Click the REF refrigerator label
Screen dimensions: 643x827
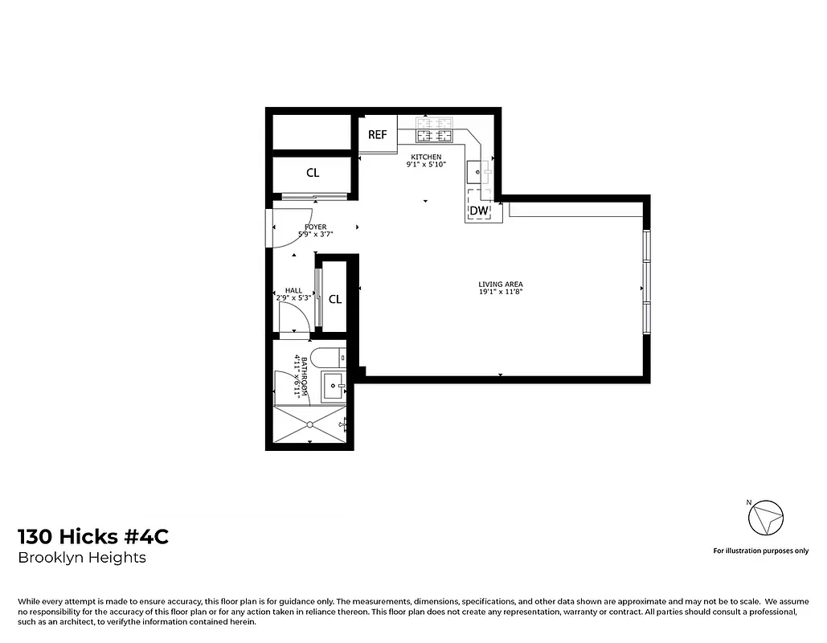378,135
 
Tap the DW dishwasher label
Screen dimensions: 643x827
479,211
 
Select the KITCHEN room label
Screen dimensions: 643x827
426,157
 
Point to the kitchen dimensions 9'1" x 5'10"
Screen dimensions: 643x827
426,165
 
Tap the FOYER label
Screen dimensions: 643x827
315,227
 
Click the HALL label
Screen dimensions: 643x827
293,290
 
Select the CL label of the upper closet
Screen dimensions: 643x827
313,173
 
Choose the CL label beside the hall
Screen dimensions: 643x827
335,299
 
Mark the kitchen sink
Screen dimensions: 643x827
480,171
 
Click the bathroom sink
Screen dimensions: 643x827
334,387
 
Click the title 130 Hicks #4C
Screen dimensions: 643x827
93,537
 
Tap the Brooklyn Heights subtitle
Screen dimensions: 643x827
82,558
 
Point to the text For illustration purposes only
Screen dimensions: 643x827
760,551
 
